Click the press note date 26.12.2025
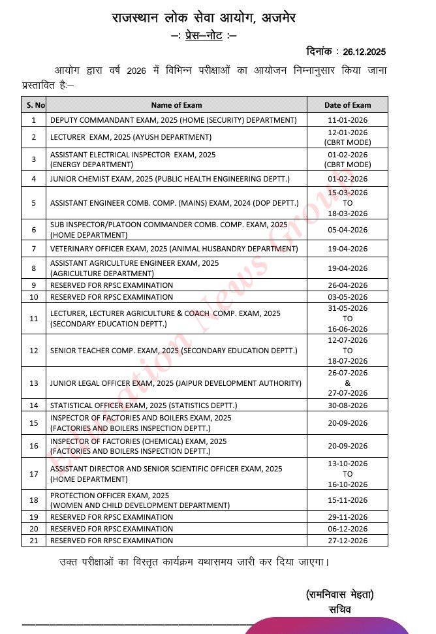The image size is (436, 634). (364, 51)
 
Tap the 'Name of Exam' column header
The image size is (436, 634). (176, 104)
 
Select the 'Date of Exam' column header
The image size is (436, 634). (347, 104)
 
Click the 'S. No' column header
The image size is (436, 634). (34, 104)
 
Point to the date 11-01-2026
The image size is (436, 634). (347, 120)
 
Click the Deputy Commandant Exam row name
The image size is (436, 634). (173, 120)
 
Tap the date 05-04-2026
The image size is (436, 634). (347, 230)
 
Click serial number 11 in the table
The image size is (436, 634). (34, 318)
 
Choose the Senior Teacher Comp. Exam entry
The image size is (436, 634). (174, 351)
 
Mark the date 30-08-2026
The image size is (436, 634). (347, 405)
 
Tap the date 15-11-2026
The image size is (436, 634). (347, 500)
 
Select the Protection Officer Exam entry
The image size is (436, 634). (140, 500)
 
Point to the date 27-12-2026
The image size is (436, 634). (347, 541)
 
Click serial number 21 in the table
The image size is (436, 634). (34, 541)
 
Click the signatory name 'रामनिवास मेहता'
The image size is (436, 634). (339, 595)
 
